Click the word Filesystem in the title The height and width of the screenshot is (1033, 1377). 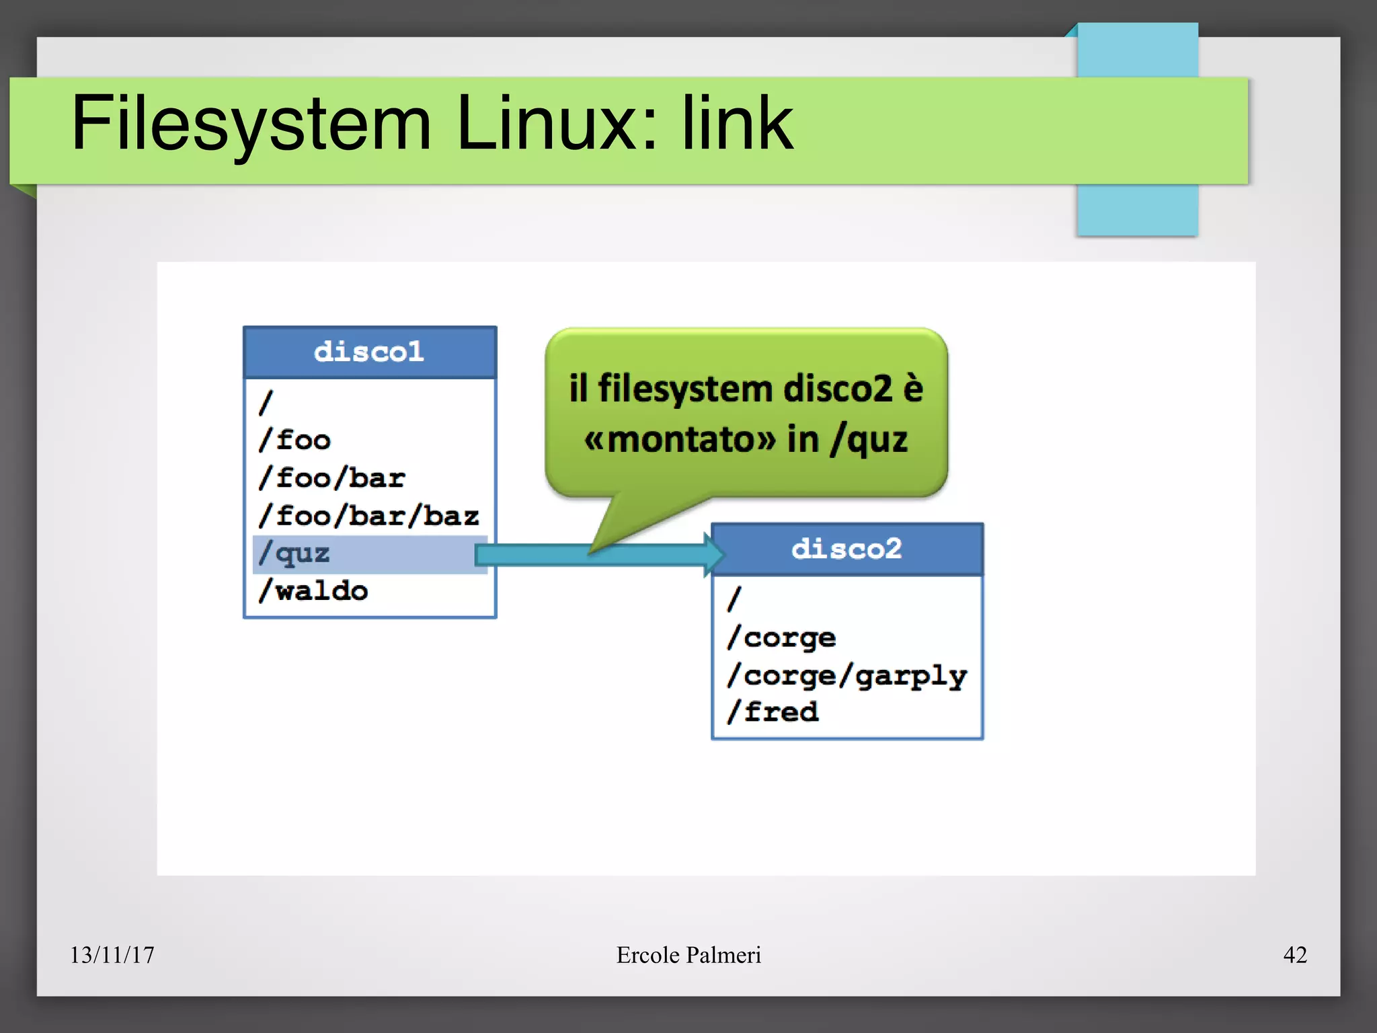(251, 124)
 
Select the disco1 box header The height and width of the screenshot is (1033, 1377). (369, 352)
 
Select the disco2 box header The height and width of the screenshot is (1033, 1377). (847, 549)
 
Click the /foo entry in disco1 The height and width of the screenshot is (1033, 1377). (295, 441)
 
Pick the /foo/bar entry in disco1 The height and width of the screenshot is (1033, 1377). (332, 478)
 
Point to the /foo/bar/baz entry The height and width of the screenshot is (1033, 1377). (369, 516)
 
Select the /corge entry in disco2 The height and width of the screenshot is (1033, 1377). (782, 638)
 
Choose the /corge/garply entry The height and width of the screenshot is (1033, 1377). (847, 675)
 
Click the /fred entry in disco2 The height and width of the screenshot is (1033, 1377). (773, 712)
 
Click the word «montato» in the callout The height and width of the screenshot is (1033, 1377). (680, 441)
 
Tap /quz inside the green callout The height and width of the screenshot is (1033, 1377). (869, 441)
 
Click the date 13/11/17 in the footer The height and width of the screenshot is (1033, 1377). (112, 955)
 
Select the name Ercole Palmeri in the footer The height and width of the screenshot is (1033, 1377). (688, 955)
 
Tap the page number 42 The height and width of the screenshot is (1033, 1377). (1295, 955)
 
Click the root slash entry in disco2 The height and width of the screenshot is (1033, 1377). (734, 599)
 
